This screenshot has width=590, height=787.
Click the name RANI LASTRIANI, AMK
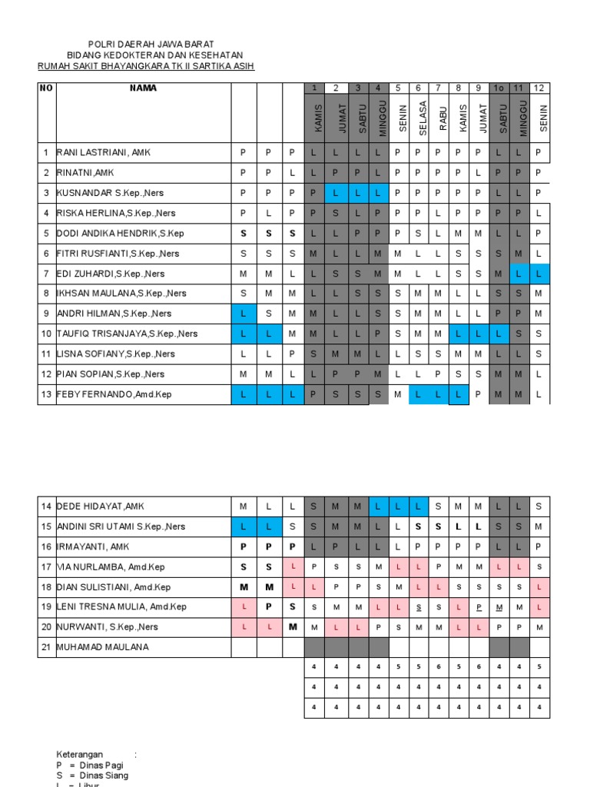104,153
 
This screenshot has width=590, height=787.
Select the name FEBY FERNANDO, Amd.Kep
114,394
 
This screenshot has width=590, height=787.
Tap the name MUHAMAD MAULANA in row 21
103,647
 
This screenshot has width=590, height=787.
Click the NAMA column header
143,88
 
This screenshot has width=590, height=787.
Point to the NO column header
46,88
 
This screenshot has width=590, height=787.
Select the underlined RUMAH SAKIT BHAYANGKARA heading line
146,66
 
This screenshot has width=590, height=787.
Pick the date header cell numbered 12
540,88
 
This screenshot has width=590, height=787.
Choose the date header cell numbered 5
399,88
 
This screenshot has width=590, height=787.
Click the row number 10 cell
46,334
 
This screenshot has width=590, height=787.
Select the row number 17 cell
46,567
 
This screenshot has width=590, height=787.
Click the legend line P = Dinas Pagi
89,765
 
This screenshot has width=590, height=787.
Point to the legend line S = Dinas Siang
91,776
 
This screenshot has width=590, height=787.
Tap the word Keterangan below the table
80,755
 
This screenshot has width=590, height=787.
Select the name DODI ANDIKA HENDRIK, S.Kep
119,234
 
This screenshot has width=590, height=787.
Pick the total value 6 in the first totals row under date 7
439,667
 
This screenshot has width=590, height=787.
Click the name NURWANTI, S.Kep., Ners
107,627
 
